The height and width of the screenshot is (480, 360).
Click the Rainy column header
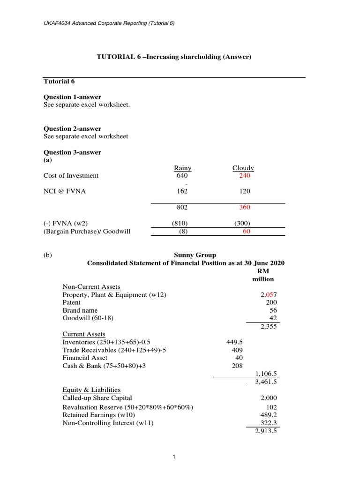point(182,168)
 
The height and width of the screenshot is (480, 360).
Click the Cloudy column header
point(243,168)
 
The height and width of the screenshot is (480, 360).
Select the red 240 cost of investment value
point(244,176)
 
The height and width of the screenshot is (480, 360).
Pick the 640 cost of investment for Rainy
point(182,176)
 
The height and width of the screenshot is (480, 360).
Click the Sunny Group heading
point(186,255)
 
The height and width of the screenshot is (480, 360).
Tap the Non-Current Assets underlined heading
point(91,287)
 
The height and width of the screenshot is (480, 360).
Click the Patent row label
point(72,302)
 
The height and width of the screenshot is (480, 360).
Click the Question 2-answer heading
point(72,128)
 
